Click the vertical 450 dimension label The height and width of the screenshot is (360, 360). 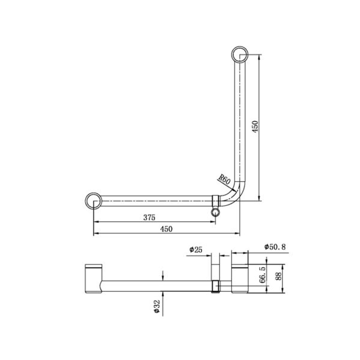pyautogui.click(x=255, y=127)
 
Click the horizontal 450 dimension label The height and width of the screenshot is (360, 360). pyautogui.click(x=166, y=229)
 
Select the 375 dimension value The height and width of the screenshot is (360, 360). pyautogui.click(x=149, y=217)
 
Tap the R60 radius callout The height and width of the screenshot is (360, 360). pyautogui.click(x=224, y=180)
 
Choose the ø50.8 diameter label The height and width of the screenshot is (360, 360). pyautogui.click(x=275, y=247)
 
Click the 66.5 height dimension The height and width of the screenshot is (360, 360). pyautogui.click(x=262, y=275)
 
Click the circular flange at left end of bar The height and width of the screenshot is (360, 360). pyautogui.click(x=93, y=201)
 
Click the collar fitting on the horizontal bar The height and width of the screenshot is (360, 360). pyautogui.click(x=216, y=201)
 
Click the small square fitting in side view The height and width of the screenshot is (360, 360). pyautogui.click(x=216, y=286)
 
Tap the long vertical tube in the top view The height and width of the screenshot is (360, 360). pyautogui.click(x=240, y=120)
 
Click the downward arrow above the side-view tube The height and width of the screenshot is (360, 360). pyautogui.click(x=163, y=276)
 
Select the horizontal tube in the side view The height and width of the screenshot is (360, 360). pyautogui.click(x=157, y=286)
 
